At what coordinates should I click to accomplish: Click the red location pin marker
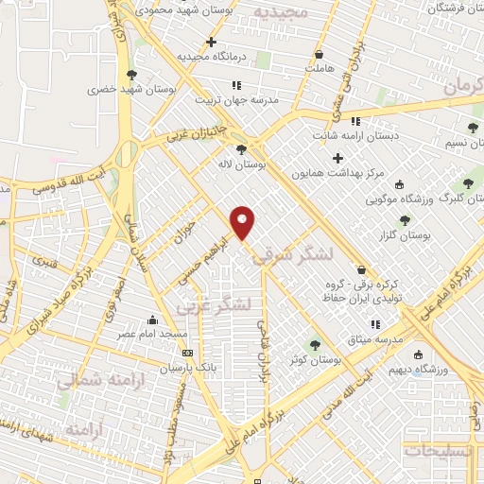244,222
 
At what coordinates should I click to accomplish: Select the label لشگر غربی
216,305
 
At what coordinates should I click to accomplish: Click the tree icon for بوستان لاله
243,149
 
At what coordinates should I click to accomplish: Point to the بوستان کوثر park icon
316,344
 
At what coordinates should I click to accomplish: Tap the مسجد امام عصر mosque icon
152,320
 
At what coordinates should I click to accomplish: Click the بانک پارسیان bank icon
186,353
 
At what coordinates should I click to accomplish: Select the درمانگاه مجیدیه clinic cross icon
211,43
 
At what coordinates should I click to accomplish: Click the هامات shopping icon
319,54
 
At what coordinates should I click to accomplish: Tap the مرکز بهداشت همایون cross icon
337,158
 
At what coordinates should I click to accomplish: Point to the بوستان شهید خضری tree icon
131,75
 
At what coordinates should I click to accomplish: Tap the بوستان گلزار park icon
405,219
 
